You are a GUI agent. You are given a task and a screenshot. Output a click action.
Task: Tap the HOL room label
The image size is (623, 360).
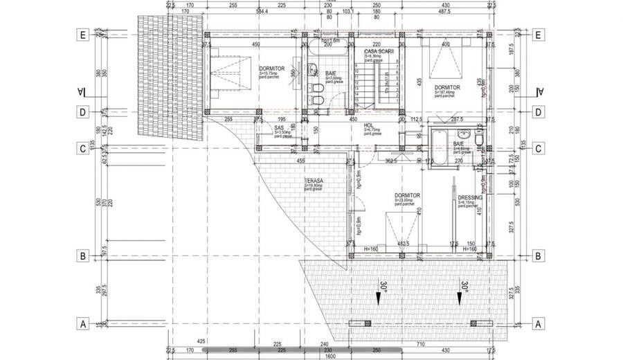[x=370, y=126]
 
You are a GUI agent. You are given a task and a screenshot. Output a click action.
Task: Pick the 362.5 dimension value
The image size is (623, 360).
[x=390, y=161]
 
